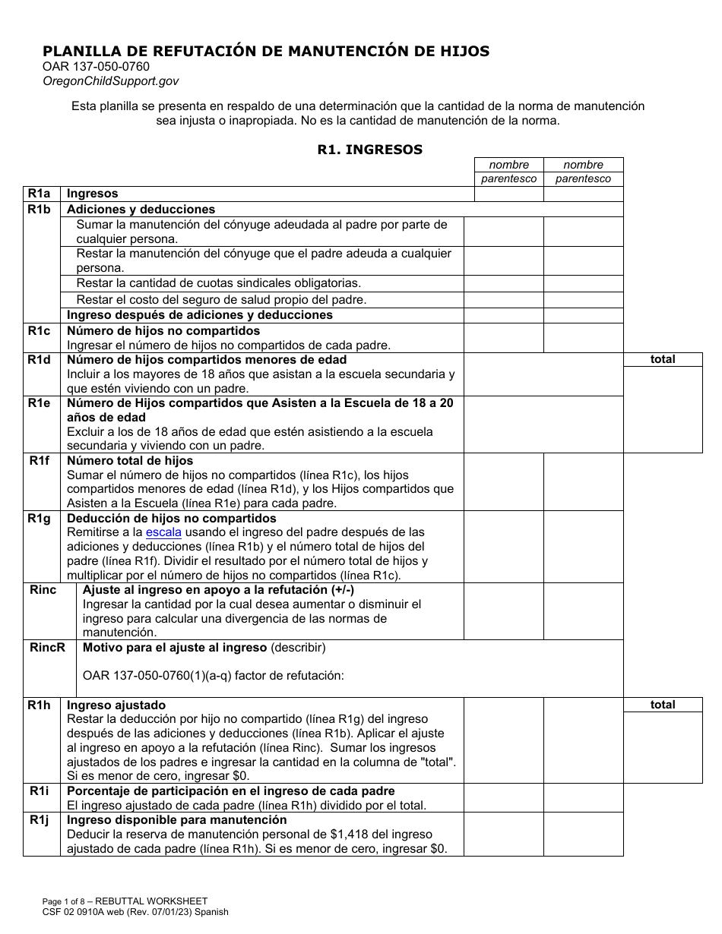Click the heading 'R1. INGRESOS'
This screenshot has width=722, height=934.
369,150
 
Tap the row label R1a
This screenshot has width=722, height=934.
40,194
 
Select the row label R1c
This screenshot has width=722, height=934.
40,331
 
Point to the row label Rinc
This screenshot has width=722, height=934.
43,590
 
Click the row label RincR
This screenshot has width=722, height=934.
47,648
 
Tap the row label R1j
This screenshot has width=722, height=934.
40,820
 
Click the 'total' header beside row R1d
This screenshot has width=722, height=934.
662,359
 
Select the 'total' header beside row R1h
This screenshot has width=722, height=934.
662,705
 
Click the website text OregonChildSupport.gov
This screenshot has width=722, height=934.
111,80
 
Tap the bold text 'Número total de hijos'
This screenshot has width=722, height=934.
130,460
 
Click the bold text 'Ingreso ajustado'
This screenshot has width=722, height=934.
116,705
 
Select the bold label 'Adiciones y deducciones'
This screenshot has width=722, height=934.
141,209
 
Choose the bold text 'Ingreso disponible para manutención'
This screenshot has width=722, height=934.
177,820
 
